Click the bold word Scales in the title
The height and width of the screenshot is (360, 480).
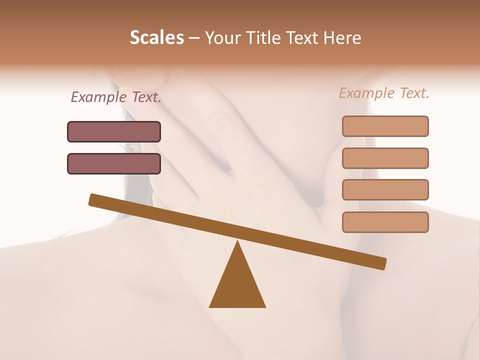point(156,38)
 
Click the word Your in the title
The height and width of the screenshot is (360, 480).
point(221,38)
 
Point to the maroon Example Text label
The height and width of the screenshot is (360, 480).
point(116,97)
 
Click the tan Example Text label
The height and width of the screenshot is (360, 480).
point(384,93)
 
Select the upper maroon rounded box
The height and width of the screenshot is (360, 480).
point(114,131)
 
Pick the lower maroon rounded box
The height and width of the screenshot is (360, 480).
point(114,163)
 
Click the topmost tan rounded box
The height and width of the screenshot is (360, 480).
point(385,126)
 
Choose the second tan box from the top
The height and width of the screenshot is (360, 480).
point(385,158)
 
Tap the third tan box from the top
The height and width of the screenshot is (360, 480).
point(385,190)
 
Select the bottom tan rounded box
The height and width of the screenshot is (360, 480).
point(385,222)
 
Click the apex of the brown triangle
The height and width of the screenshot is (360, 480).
point(237,242)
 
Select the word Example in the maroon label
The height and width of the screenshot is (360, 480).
point(98,97)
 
